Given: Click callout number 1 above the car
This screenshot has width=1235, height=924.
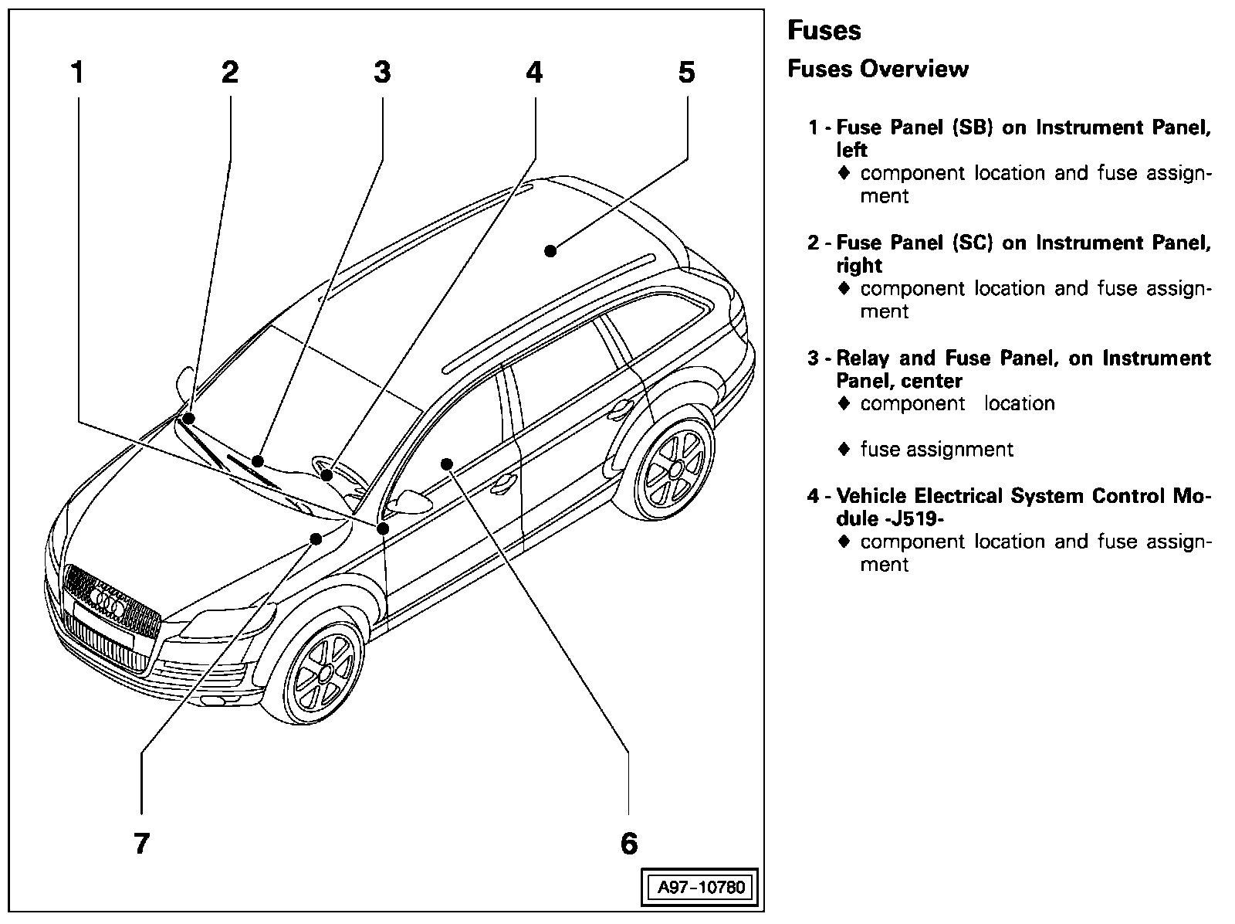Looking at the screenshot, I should click(x=76, y=73).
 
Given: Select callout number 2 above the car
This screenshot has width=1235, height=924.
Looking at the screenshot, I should click(x=229, y=73).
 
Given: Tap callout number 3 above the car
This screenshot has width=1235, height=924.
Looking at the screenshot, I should click(x=382, y=73).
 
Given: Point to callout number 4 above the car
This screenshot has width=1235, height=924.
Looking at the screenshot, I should click(x=534, y=73).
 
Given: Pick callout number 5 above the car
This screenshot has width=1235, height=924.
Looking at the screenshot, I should click(x=686, y=73).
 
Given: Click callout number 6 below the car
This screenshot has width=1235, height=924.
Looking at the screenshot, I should click(x=629, y=843).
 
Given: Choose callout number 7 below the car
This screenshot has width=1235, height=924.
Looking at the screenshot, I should click(x=140, y=843).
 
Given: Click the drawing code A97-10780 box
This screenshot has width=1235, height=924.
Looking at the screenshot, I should click(x=701, y=887).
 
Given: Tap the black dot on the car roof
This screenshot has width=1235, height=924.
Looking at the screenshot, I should click(x=550, y=250).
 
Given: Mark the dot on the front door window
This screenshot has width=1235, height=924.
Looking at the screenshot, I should click(x=446, y=464).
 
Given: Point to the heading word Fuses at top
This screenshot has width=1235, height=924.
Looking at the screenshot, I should click(x=824, y=31).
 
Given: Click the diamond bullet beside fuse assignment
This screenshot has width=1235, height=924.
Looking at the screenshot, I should click(x=844, y=449).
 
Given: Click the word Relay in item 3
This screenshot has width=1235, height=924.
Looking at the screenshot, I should click(x=862, y=358).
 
